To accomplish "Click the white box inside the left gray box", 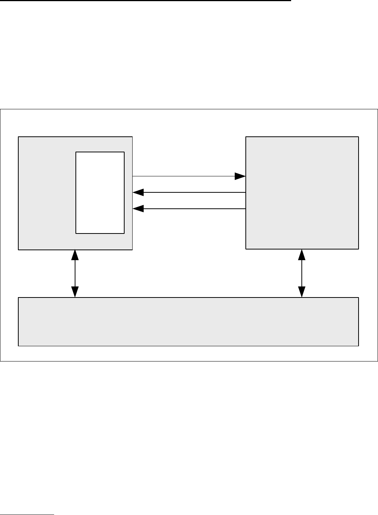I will [100, 192].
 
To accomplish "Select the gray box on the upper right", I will [302, 193].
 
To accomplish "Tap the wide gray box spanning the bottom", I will [189, 321].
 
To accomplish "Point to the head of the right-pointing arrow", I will [240, 176].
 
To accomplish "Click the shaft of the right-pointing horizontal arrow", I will [183, 176].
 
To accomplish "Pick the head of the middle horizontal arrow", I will [138, 193].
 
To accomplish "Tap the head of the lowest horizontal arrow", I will [138, 209].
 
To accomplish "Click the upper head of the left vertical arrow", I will [75, 255].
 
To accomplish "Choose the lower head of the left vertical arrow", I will [75, 292].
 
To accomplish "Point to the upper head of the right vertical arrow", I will [302, 255].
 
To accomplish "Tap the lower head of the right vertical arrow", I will [302, 292].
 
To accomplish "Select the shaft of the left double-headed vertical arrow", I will [75, 273].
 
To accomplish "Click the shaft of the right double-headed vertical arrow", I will [302, 273].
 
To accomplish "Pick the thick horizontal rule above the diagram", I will [145, 1].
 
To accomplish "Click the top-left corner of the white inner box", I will [76, 152].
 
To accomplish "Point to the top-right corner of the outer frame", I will [377, 109].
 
